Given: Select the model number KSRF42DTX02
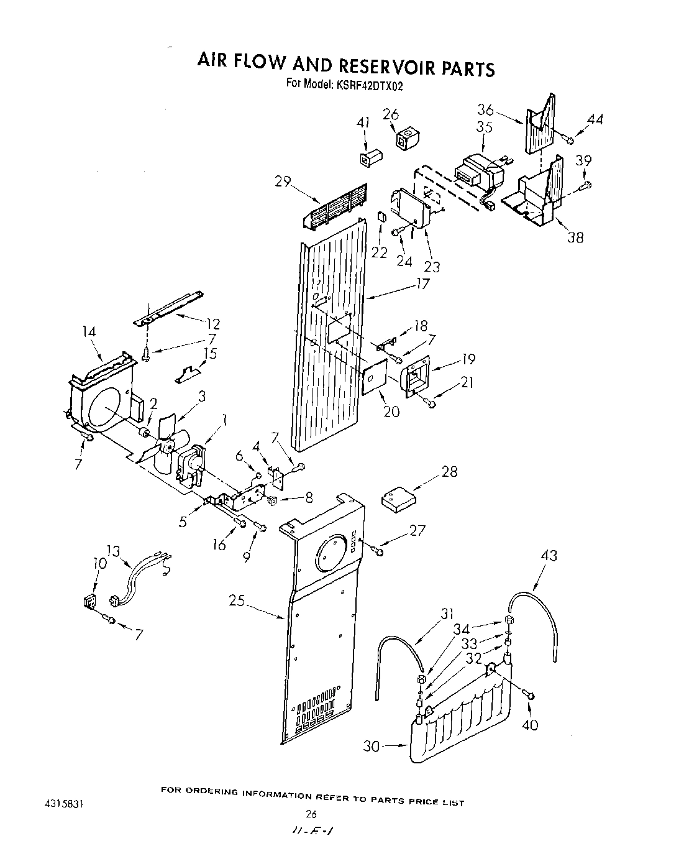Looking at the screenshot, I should tap(370, 85).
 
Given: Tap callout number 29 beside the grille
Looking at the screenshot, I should tap(283, 181).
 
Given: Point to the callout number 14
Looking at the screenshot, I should tap(89, 332).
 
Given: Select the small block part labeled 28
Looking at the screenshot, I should tap(398, 500).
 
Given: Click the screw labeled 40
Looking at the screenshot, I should tap(530, 694).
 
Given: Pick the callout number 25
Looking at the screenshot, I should tap(237, 601).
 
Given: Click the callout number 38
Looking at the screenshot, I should tap(575, 237).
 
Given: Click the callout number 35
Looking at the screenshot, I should tap(484, 127).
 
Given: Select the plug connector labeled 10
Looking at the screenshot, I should tap(89, 602).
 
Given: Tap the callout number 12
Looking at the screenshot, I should tap(212, 324).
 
